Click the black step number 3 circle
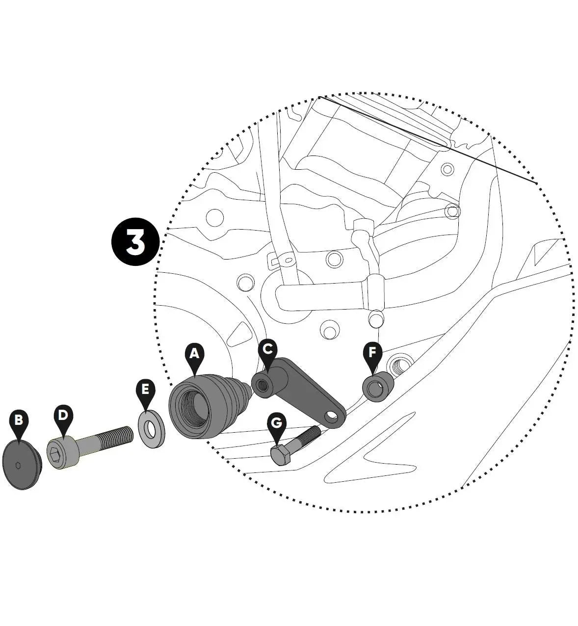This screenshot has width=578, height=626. pyautogui.click(x=135, y=242)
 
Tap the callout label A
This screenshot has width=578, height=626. pyautogui.click(x=194, y=353)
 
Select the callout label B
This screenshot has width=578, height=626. pyautogui.click(x=19, y=420)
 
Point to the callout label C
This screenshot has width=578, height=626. pyautogui.click(x=267, y=349)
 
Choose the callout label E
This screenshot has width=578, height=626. pyautogui.click(x=145, y=390)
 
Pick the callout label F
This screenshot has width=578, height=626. pyautogui.click(x=372, y=352)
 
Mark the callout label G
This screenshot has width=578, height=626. pyautogui.click(x=276, y=423)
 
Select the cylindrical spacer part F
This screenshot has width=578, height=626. pyautogui.click(x=378, y=387)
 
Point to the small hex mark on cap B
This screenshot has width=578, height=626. pyautogui.click(x=18, y=465)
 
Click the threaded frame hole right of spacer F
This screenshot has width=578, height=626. pyautogui.click(x=397, y=365)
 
